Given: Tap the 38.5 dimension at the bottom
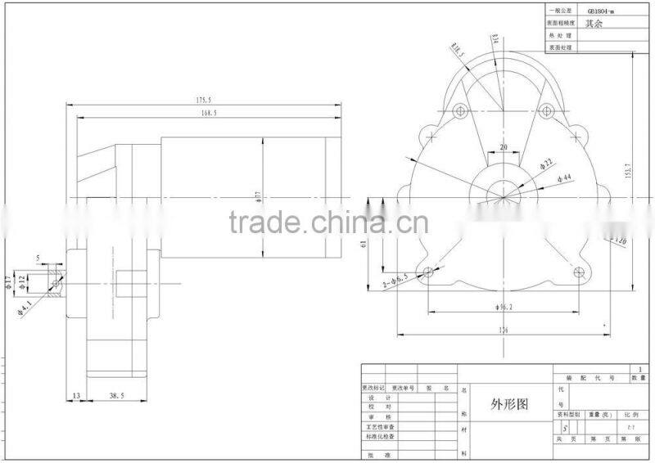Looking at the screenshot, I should point(118,395).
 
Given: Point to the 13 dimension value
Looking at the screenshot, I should point(76,395).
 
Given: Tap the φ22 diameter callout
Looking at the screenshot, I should point(546,164).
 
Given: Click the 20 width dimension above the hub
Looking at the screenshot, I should point(503,147).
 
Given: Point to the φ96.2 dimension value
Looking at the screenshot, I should point(504,307).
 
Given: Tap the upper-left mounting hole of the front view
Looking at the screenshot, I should point(458,109).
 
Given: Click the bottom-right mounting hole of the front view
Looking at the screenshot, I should point(580,272).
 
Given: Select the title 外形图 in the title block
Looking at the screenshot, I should point(509,404).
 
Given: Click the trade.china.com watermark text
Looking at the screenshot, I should point(327,221).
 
